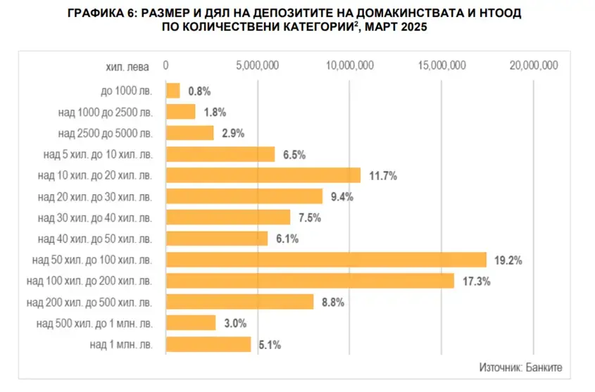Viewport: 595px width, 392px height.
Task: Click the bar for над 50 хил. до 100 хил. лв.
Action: [x=325, y=260]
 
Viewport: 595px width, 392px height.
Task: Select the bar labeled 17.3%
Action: [x=309, y=281]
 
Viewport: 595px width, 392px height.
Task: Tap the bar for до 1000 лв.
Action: [x=173, y=91]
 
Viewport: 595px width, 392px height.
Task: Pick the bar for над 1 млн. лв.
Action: [x=208, y=344]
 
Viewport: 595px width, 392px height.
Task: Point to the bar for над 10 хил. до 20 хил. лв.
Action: [x=263, y=175]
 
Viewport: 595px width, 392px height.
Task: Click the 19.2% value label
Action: [x=508, y=260]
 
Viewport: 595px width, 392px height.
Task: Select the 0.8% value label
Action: [x=199, y=91]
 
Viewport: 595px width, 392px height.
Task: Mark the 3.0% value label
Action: [x=235, y=323]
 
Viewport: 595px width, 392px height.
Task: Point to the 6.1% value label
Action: [x=287, y=239]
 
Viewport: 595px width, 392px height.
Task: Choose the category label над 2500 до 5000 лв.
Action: [x=104, y=133]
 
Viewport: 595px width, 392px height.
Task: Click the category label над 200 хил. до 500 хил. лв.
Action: [x=88, y=302]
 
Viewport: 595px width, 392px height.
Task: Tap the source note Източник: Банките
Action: [x=520, y=367]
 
